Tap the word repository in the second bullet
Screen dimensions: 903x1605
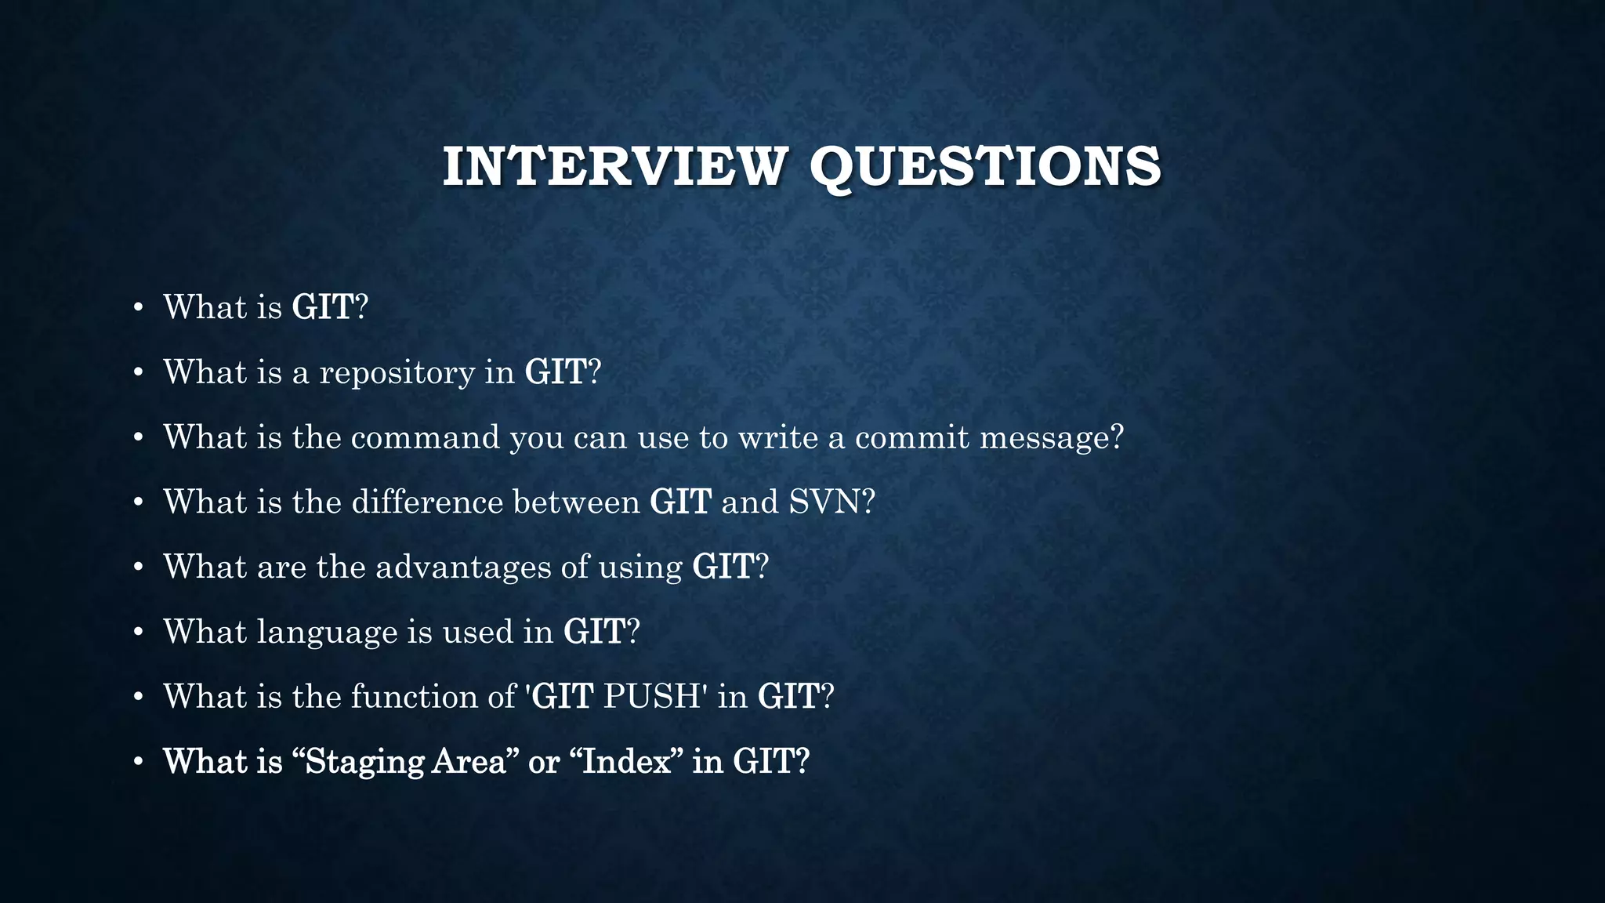(x=397, y=373)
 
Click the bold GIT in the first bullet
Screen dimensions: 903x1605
(x=323, y=307)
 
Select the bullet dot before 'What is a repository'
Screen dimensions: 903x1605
(x=138, y=373)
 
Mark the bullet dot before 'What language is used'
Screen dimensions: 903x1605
(x=138, y=633)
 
